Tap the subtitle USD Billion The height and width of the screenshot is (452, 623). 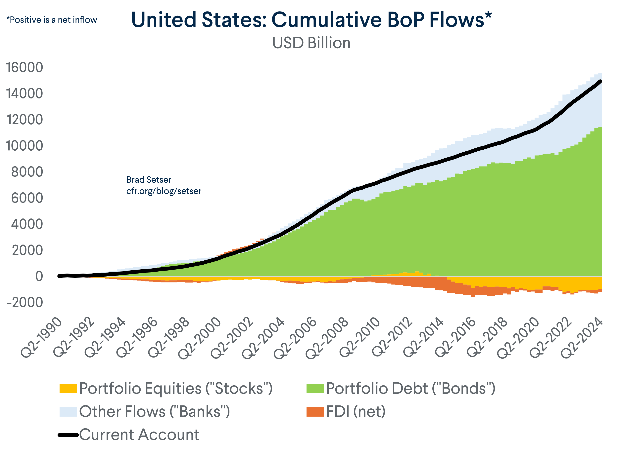(x=311, y=43)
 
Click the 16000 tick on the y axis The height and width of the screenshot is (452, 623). (x=24, y=67)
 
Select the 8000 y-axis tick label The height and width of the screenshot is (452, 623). (x=27, y=172)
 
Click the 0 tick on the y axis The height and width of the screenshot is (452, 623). (x=39, y=276)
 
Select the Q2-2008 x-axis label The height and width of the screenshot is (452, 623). (x=327, y=338)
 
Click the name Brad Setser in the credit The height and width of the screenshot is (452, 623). (x=149, y=180)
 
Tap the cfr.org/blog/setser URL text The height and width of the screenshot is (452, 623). (x=164, y=191)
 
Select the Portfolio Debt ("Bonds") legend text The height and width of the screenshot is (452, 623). (x=410, y=389)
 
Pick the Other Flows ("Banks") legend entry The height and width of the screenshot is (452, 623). (x=154, y=412)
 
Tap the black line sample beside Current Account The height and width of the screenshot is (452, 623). (x=68, y=435)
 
